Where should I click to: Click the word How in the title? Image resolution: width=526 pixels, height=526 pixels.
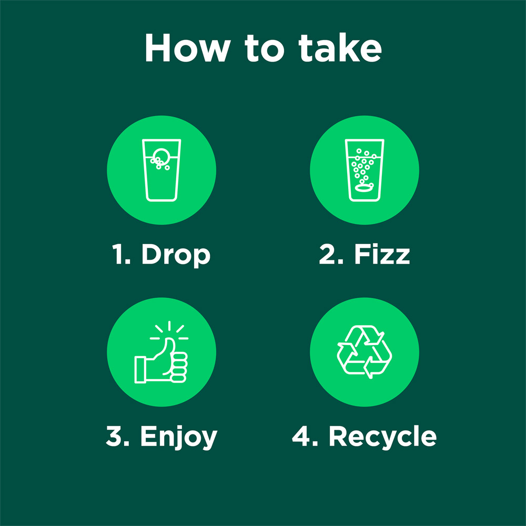[188, 48]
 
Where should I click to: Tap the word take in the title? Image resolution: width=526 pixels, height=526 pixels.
[340, 48]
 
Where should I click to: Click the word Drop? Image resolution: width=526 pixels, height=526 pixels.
[176, 255]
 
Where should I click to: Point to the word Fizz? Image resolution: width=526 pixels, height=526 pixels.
[382, 254]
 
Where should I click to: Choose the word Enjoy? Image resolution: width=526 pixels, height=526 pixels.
[179, 437]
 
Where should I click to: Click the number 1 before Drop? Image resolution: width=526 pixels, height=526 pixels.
[118, 254]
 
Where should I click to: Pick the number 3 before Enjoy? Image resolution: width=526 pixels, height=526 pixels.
[114, 436]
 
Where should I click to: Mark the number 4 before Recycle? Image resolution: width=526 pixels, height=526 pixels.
[301, 436]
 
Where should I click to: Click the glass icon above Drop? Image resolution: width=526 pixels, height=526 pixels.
[161, 170]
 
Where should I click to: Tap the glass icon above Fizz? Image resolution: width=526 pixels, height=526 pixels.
[365, 170]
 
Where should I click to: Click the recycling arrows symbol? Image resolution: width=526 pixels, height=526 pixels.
[365, 352]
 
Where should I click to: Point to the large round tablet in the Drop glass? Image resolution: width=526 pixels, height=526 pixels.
[161, 155]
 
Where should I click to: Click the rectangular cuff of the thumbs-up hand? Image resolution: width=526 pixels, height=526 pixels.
[140, 370]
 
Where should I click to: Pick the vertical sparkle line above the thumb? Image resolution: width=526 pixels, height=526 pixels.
[169, 326]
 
